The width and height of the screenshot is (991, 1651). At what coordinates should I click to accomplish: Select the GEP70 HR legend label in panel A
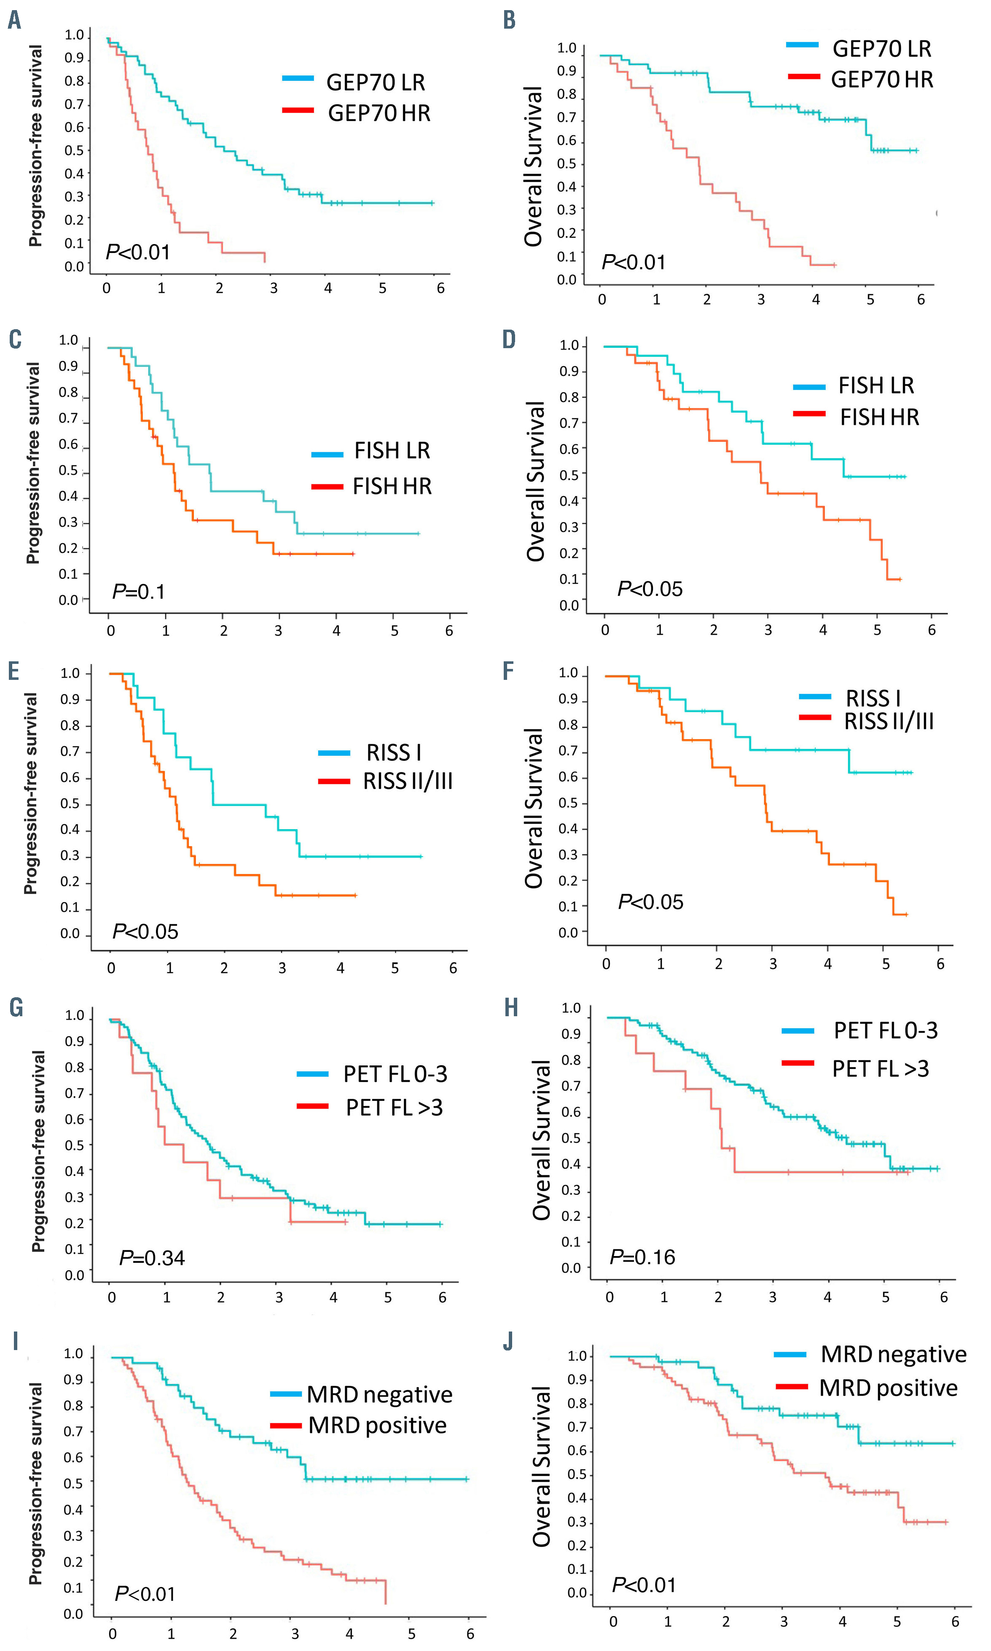tap(379, 113)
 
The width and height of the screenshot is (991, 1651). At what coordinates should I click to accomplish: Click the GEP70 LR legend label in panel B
tap(881, 49)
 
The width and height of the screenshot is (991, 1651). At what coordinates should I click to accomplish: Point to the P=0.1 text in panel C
tap(138, 591)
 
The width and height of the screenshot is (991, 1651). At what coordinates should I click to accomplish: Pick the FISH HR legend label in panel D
tap(879, 417)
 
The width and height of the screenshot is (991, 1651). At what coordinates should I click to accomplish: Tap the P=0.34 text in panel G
tap(152, 1258)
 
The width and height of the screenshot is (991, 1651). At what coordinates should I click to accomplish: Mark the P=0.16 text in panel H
tap(642, 1257)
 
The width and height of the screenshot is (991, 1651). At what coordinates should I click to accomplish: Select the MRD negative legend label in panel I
tap(379, 1395)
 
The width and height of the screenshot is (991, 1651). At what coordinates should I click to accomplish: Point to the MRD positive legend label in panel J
tap(888, 1388)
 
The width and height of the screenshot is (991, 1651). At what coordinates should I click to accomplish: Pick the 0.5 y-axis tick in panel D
tap(569, 475)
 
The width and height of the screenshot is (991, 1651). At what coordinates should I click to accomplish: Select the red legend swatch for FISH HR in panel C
tap(327, 487)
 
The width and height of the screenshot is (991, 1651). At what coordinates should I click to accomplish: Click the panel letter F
tap(509, 671)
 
